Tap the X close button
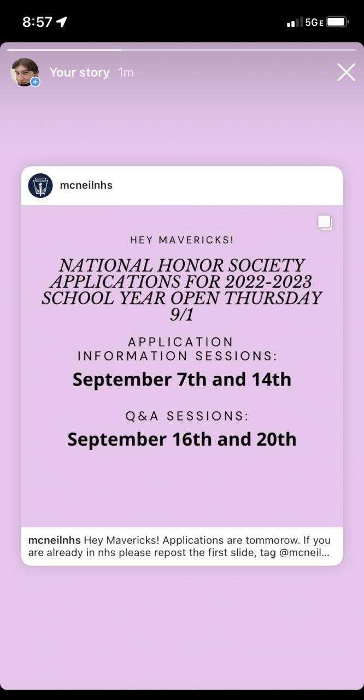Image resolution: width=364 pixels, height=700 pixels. click(346, 72)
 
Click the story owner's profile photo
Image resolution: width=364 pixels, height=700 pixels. click(24, 72)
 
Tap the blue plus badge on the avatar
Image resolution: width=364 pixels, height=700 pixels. click(35, 82)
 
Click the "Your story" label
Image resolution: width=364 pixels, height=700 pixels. click(79, 72)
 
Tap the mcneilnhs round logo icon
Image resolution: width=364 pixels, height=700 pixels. click(40, 185)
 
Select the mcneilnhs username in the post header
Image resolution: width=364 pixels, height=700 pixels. click(86, 185)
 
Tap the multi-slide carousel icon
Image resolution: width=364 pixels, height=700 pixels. click(325, 222)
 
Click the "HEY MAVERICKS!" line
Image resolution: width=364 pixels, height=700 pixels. click(181, 240)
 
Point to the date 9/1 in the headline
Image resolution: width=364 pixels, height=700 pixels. click(181, 314)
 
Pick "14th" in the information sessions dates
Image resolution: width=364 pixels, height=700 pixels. click(271, 380)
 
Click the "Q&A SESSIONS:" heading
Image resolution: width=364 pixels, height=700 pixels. click(187, 416)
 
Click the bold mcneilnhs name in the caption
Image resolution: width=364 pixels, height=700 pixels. click(54, 540)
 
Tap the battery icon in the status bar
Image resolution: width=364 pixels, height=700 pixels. click(337, 22)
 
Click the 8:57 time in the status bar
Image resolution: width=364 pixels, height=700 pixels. click(37, 22)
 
